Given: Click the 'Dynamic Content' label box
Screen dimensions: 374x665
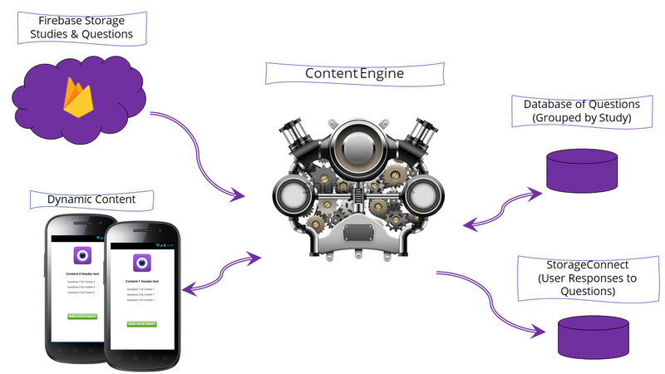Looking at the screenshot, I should (x=91, y=199).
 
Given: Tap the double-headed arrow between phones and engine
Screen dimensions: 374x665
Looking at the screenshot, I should (x=220, y=273).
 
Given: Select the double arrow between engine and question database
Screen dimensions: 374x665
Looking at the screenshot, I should (x=504, y=207).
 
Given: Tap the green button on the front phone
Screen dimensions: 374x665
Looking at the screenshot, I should (x=142, y=323).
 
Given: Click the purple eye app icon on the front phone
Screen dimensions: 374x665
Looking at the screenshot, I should (x=142, y=263).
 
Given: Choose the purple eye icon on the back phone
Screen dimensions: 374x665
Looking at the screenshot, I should (x=81, y=255).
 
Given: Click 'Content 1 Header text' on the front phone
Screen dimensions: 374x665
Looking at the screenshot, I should (x=142, y=282).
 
